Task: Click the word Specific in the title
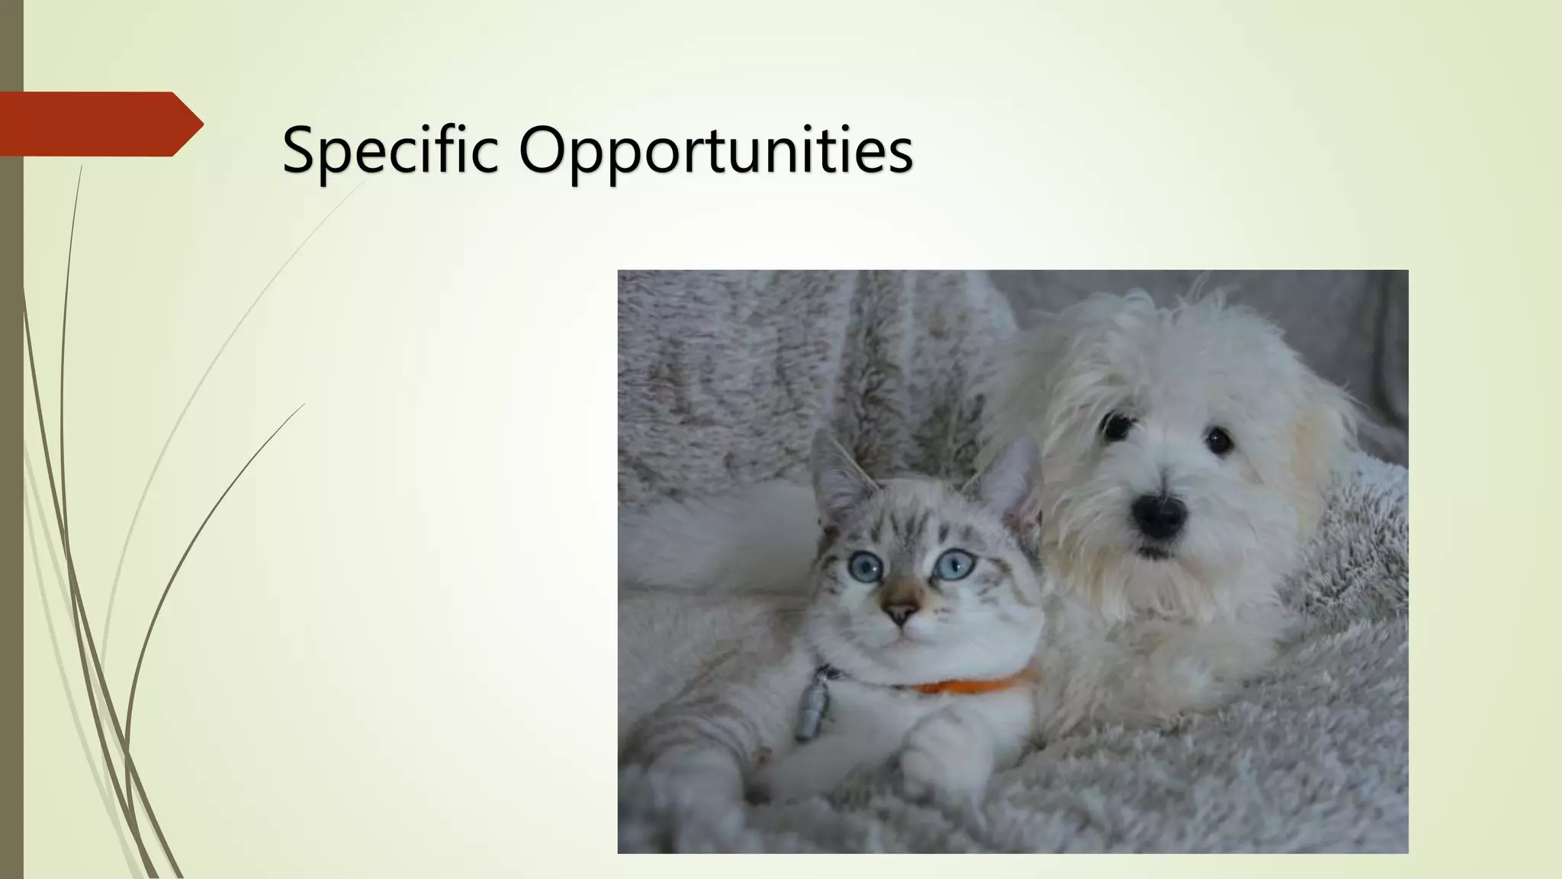[x=390, y=150]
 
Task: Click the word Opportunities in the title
[x=715, y=150]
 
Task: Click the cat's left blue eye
[x=866, y=566]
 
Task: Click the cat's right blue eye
[x=954, y=564]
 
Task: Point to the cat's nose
[x=901, y=611]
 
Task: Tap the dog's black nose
[x=1159, y=516]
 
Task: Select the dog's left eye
[x=1117, y=426]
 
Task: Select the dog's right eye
[x=1219, y=440]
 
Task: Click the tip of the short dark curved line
[x=304, y=404]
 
